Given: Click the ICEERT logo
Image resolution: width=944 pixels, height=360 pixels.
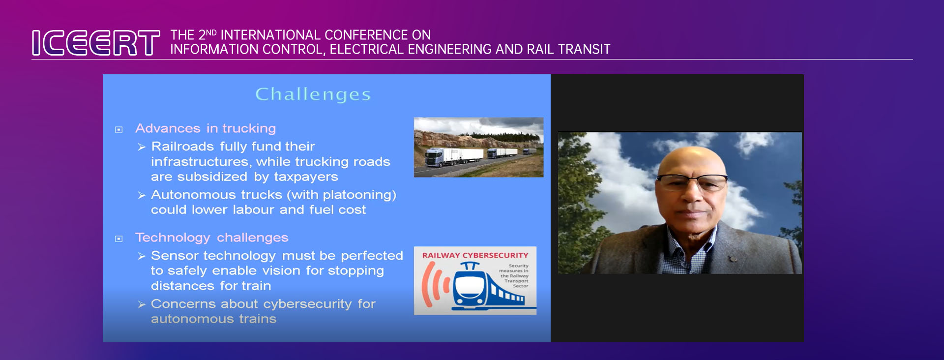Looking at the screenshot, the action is click(x=96, y=43).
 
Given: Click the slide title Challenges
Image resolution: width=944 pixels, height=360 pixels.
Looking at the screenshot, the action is click(x=313, y=94).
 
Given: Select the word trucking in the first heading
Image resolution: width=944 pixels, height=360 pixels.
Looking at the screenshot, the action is click(x=249, y=128).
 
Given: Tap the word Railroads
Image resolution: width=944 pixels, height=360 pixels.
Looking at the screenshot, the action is click(x=182, y=147).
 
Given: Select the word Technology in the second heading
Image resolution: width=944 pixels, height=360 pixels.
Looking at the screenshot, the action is click(x=173, y=238).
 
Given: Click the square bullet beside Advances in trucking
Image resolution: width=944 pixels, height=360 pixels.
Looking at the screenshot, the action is click(x=118, y=130).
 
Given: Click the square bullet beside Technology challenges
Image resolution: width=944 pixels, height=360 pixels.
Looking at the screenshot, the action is click(x=118, y=239).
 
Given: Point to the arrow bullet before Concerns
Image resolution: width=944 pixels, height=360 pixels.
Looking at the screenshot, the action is click(x=142, y=305).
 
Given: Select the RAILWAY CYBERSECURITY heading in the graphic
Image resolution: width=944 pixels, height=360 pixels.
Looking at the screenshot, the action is click(x=475, y=255).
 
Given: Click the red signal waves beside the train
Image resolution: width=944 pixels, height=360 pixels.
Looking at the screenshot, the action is click(x=436, y=284).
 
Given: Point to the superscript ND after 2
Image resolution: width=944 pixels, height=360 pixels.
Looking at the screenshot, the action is click(x=211, y=32).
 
